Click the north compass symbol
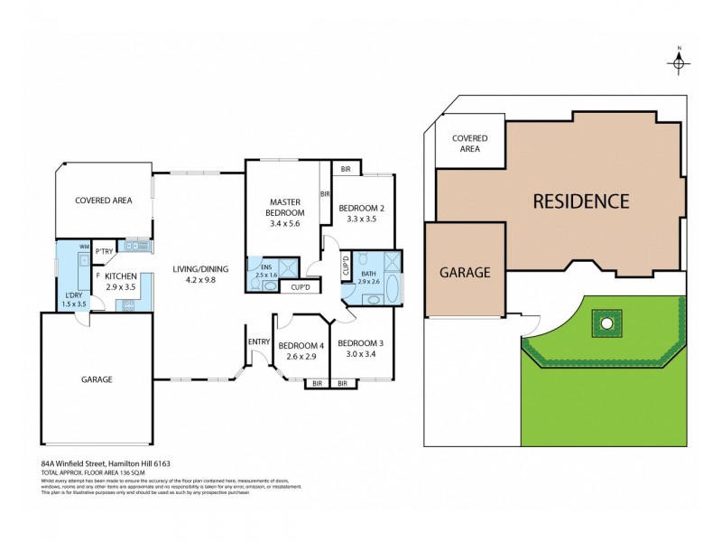coord(679,61)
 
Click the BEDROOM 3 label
coord(361,343)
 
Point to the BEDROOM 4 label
coord(301,346)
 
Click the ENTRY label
coord(259,341)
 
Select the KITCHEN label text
coord(120,276)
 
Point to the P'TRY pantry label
coord(104,252)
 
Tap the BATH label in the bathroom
coord(367,273)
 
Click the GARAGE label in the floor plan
coord(97,379)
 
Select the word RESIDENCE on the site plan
coord(579,201)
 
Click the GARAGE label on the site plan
coord(464,271)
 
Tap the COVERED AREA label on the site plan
coord(469,143)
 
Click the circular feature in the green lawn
coord(606,322)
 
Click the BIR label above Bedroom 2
coord(346,169)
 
